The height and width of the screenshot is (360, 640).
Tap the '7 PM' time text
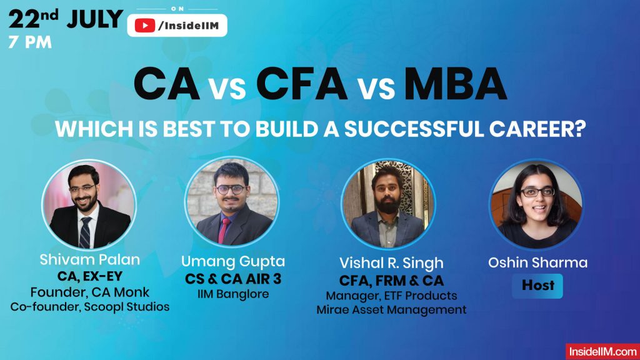(x=30, y=43)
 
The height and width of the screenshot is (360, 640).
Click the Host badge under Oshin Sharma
(x=537, y=285)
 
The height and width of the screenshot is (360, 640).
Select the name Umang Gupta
(x=232, y=261)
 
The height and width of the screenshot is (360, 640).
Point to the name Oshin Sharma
(x=537, y=262)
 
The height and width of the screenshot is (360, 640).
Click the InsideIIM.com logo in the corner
(x=602, y=351)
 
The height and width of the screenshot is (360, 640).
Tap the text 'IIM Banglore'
(x=232, y=293)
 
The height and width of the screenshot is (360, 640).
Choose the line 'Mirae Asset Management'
(x=391, y=309)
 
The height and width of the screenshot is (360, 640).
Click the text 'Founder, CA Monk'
(x=89, y=291)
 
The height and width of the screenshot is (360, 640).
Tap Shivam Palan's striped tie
(x=85, y=232)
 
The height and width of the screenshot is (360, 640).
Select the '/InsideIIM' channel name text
(x=191, y=26)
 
